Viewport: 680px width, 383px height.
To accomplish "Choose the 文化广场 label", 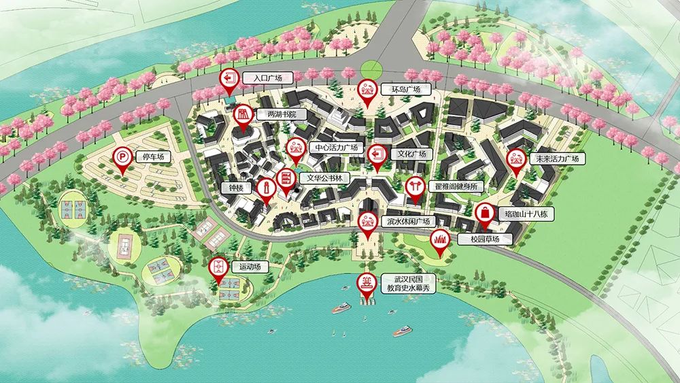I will [x=408, y=154].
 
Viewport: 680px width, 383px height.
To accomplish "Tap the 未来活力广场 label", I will [x=557, y=159].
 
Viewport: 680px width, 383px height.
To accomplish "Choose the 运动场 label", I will [x=245, y=267].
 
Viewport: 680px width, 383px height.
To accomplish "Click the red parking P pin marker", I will [x=122, y=160].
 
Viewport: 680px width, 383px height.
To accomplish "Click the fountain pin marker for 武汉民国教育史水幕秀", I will [x=367, y=284].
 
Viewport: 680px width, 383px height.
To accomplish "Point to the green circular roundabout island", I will [x=372, y=68].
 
